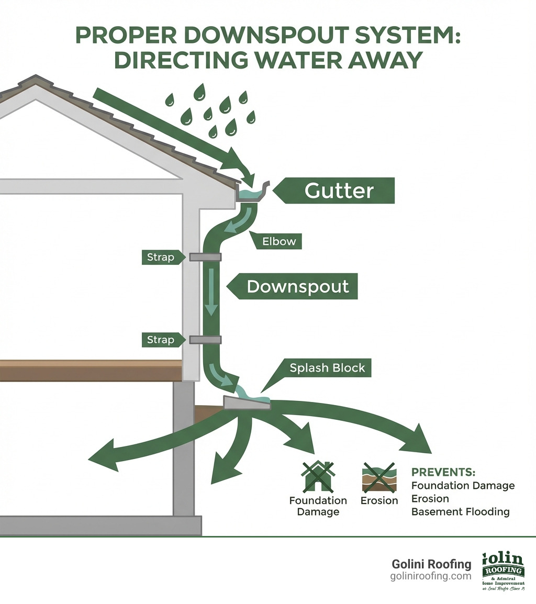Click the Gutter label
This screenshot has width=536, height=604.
tap(339, 191)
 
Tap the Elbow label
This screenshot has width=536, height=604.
tap(280, 241)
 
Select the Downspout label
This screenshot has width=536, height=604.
tap(297, 286)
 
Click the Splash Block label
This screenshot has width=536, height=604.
tap(327, 368)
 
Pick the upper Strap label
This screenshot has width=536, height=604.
tap(160, 257)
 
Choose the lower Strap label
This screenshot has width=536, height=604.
tap(160, 340)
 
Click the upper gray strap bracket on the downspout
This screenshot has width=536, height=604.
tap(205, 256)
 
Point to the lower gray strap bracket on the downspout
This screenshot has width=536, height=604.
tap(205, 340)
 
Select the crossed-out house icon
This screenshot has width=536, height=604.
tap(317, 476)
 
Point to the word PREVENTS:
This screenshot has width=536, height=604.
tap(443, 472)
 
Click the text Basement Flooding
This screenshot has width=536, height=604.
tap(460, 511)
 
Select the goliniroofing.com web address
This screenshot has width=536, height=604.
tap(431, 576)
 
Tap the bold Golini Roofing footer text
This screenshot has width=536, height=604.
tap(431, 564)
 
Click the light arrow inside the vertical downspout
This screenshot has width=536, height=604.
tap(211, 291)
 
